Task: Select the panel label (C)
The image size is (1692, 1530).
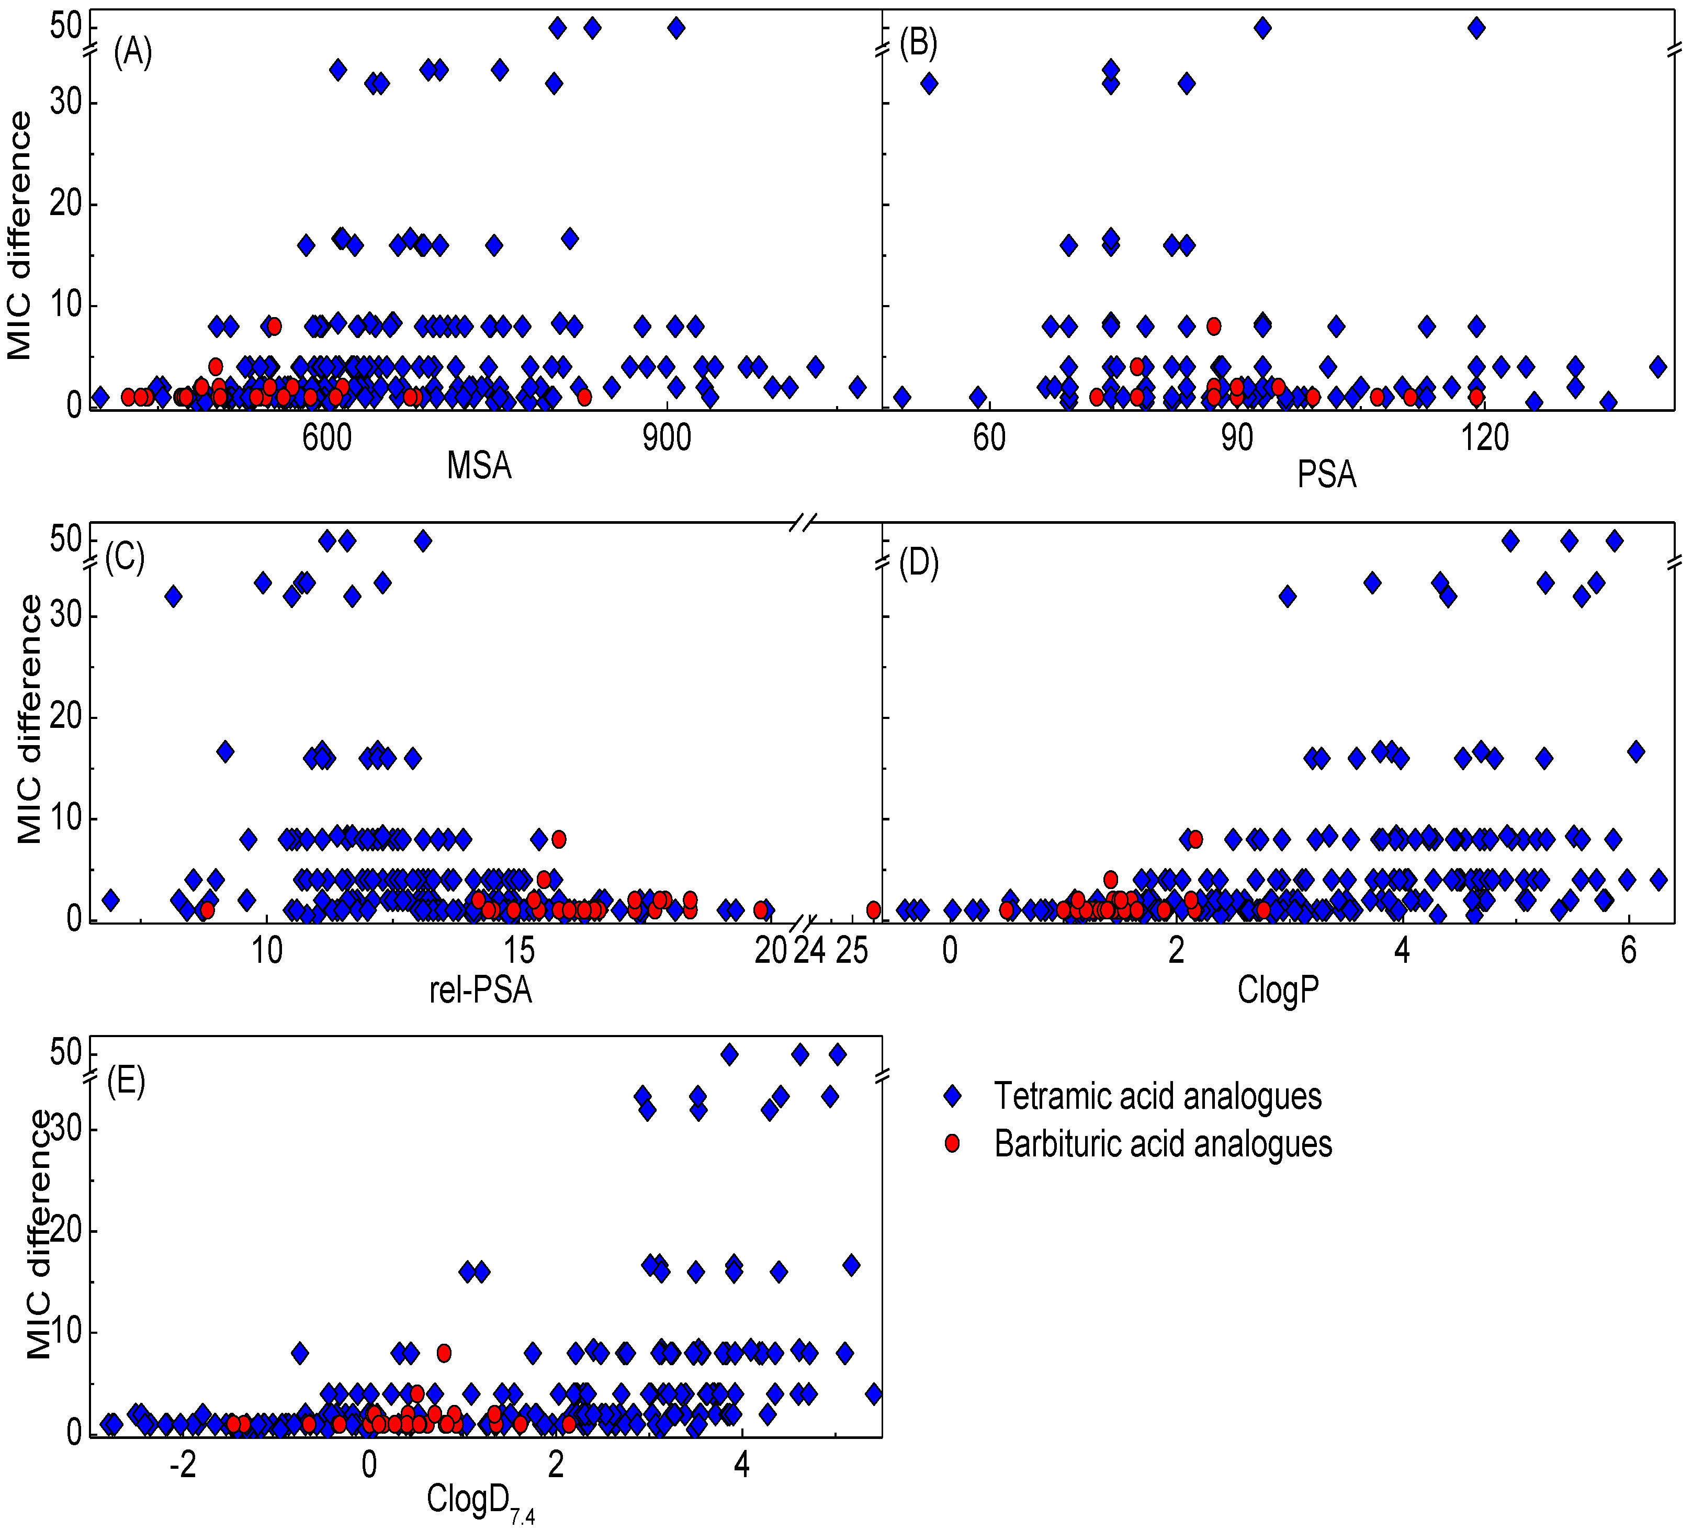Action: tap(124, 556)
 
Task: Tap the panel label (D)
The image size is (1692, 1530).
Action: tap(918, 563)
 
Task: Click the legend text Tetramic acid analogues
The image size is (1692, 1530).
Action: tap(1157, 1096)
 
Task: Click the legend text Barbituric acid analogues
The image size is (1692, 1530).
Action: tap(1163, 1144)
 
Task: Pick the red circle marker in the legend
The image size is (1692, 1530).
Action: tap(952, 1143)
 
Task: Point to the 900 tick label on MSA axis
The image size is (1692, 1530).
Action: tap(667, 437)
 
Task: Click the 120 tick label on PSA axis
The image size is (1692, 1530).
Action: tap(1485, 437)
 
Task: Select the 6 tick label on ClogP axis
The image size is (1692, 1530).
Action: tap(1628, 951)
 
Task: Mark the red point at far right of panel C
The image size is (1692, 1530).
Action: tap(873, 910)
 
